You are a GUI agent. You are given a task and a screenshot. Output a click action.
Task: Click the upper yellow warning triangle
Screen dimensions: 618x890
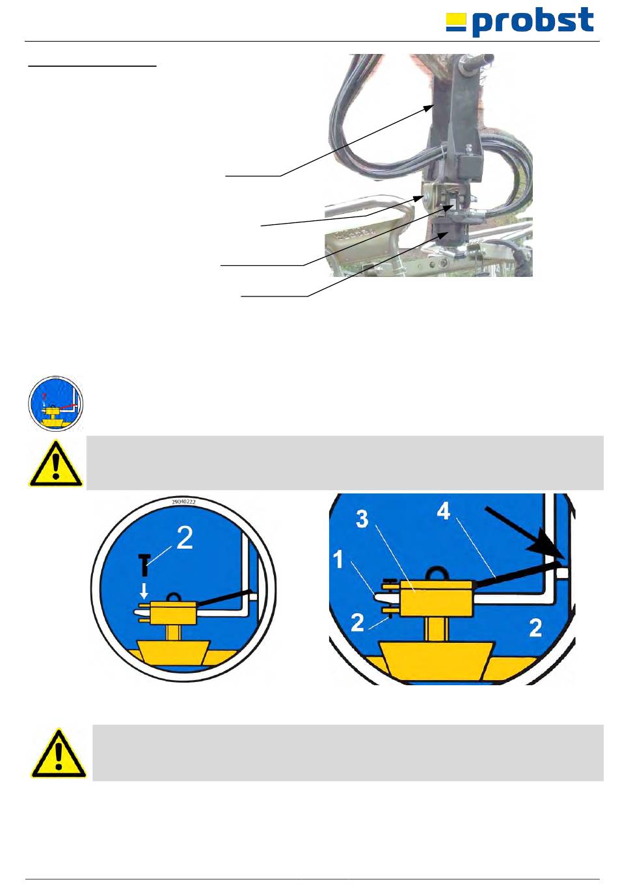tap(55, 464)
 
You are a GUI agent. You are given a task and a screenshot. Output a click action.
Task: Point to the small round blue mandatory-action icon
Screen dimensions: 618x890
tap(55, 403)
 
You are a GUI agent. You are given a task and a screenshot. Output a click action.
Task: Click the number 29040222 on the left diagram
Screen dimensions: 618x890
tap(184, 503)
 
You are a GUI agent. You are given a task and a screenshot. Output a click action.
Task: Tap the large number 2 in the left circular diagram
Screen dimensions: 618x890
tap(185, 538)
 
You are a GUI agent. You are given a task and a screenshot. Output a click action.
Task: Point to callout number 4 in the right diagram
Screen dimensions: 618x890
tap(443, 512)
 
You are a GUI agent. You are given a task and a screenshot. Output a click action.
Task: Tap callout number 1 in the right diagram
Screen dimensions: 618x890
tap(338, 560)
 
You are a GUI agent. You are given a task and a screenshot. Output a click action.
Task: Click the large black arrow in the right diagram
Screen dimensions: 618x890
tap(527, 529)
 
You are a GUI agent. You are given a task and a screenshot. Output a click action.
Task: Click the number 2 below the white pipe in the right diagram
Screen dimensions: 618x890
tap(535, 628)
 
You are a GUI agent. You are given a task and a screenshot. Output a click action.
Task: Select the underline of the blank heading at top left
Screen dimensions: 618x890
tap(92, 66)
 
